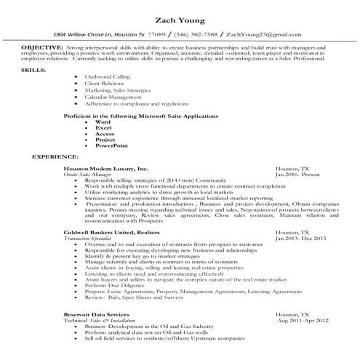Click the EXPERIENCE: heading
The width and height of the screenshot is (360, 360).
(55, 156)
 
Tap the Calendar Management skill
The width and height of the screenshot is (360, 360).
(112, 96)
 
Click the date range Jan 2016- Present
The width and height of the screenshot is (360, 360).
(296, 175)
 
